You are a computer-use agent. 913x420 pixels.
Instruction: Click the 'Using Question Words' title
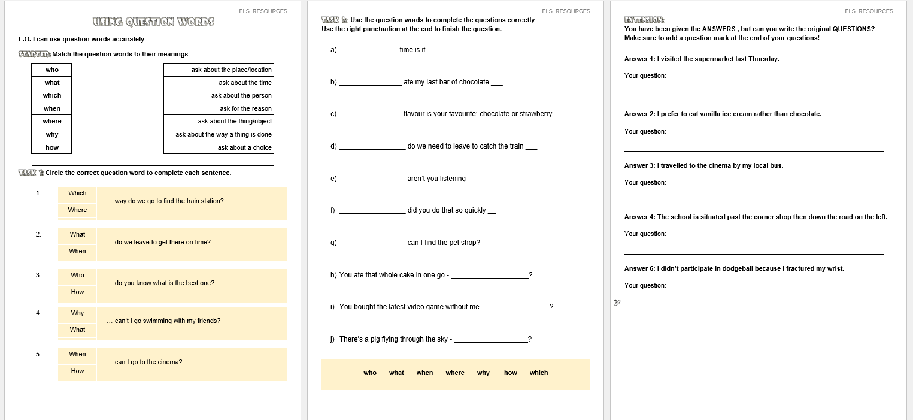153,22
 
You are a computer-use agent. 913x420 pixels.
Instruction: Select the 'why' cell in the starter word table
52,134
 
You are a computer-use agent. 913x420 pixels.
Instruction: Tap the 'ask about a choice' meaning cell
219,147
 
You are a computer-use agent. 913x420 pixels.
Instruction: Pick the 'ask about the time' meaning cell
219,83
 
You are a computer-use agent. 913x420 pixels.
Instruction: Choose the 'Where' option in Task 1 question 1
77,210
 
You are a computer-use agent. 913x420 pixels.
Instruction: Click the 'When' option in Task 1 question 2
77,251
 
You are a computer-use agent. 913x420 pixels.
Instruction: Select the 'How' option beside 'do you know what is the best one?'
77,292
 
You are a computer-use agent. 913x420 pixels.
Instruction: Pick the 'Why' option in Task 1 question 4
77,313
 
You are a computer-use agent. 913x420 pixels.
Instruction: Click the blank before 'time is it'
368,50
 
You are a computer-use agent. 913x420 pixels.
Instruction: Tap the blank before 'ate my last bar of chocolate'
370,83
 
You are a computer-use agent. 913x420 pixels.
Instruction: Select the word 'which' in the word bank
538,373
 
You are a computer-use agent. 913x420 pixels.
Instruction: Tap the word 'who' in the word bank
370,373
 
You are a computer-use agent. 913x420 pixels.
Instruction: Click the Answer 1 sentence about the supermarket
701,59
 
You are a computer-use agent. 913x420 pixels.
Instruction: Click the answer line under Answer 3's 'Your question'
754,201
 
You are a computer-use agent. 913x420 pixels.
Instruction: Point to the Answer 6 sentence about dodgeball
734,268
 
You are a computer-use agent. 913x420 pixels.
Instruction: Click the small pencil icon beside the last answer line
617,303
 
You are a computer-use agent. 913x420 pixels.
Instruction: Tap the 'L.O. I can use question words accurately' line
81,39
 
